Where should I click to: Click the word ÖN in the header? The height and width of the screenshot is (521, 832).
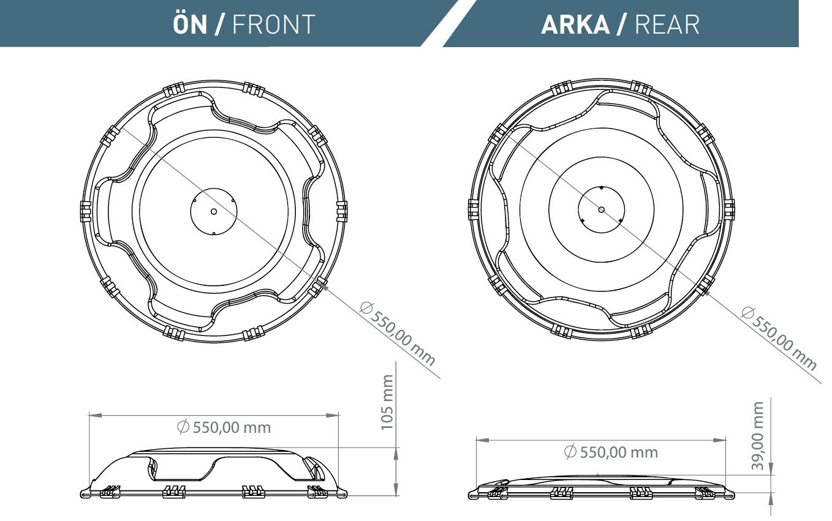point(189,24)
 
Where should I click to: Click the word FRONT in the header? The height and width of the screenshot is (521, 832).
point(274,24)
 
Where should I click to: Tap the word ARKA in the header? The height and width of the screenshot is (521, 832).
point(575,25)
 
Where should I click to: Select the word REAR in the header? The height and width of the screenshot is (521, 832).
point(667,25)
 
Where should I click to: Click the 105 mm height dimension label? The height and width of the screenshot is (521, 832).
point(387,402)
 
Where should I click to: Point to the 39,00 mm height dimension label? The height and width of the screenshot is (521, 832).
point(757,436)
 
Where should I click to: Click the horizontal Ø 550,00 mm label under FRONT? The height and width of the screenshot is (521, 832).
point(224,427)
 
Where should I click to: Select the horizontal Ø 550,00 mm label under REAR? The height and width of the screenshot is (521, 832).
point(611,452)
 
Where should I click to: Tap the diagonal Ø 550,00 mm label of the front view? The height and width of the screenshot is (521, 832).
point(398,334)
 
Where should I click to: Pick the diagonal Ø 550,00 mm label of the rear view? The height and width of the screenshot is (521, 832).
point(779,338)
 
